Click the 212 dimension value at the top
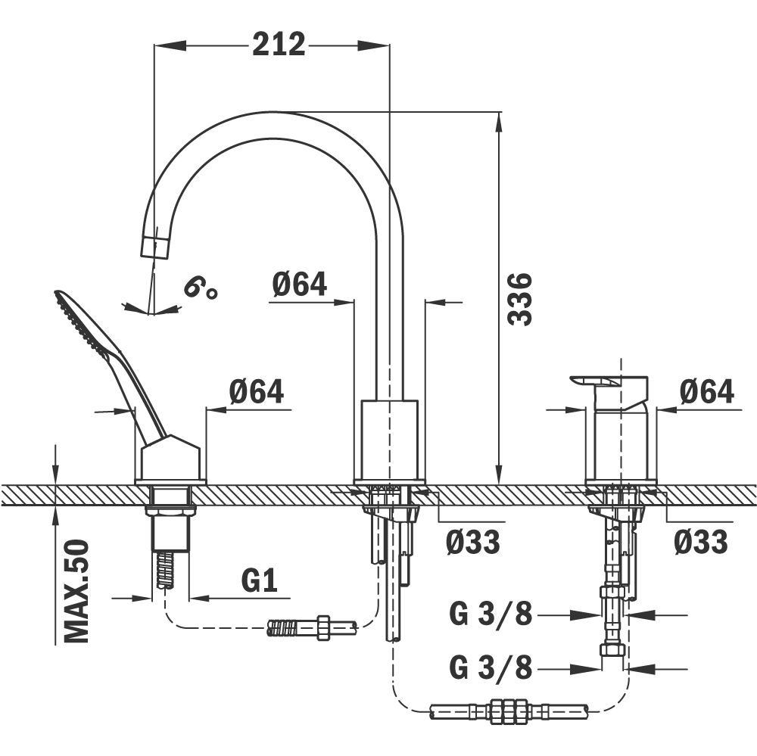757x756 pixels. [x=279, y=45]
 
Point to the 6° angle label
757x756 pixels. [x=200, y=288]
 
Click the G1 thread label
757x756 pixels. [x=260, y=581]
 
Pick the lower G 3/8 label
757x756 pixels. [x=491, y=667]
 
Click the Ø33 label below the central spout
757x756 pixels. [x=472, y=542]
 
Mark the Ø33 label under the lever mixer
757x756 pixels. [x=700, y=542]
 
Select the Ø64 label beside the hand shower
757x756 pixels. [x=256, y=391]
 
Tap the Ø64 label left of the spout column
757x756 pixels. [x=299, y=284]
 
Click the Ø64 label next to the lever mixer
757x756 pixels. [x=706, y=391]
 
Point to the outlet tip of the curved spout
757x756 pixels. [x=154, y=247]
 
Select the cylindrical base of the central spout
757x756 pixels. [x=389, y=439]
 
